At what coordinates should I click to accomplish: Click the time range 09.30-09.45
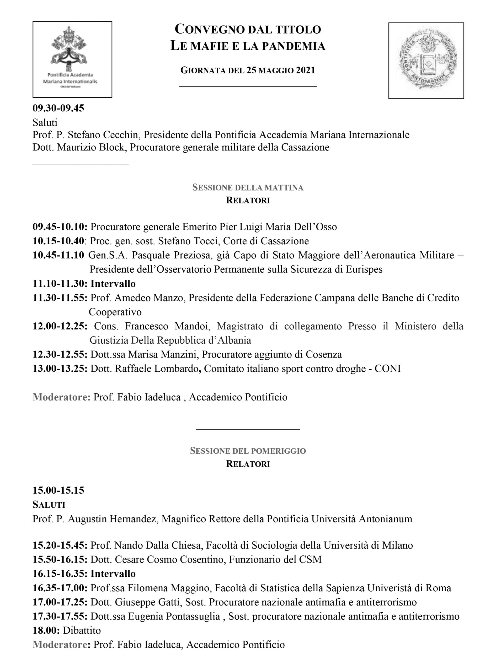point(58,108)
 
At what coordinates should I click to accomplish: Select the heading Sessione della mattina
point(248,187)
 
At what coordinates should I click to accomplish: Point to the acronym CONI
point(388,369)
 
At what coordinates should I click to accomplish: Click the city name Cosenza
point(324,355)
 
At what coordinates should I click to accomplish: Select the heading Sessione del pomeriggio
point(248,451)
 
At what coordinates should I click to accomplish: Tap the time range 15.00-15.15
point(58,490)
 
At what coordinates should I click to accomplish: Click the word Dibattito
point(82,631)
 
